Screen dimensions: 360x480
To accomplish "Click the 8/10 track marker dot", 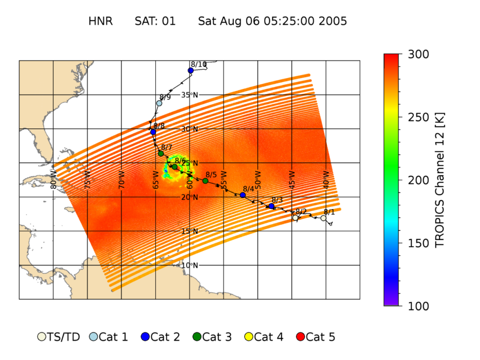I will [x=190, y=71].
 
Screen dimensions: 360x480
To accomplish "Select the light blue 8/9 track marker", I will [x=159, y=103].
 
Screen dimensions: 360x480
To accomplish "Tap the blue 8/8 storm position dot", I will [x=153, y=132].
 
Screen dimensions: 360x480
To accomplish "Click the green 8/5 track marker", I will [x=205, y=181].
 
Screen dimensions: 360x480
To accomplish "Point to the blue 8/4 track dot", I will [x=242, y=195].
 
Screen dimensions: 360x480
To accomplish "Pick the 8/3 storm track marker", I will [x=271, y=206].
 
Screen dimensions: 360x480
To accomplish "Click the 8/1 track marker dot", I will [x=323, y=218].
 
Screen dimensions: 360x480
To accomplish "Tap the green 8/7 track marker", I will [x=161, y=154].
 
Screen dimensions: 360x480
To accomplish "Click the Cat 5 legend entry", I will [x=316, y=337].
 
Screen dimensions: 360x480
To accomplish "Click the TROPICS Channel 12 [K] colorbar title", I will [x=439, y=180].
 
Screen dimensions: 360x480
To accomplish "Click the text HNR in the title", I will [x=100, y=22].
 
